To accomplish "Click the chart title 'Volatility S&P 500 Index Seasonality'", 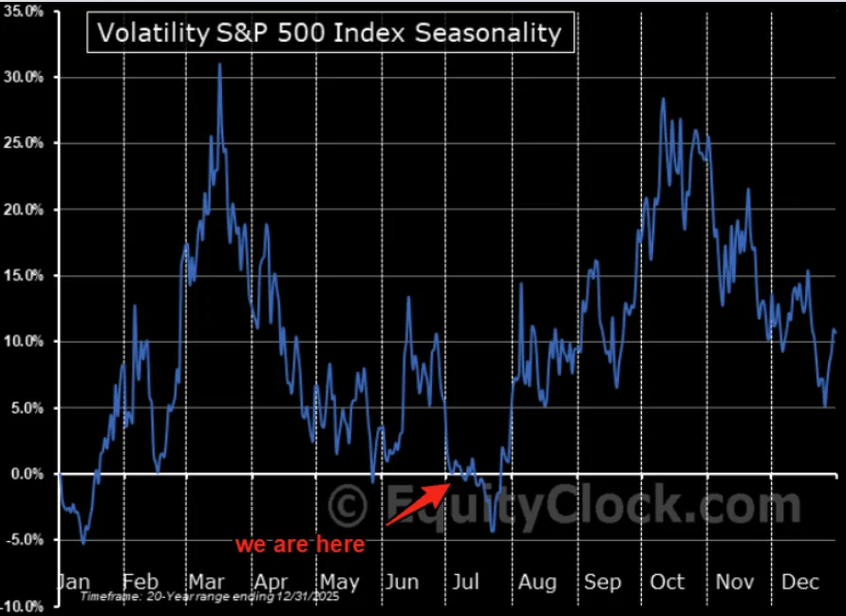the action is pyautogui.click(x=329, y=33).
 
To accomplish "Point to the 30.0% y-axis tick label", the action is pyautogui.click(x=24, y=77).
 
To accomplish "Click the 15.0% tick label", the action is pyautogui.click(x=24, y=275).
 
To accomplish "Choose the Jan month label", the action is pyautogui.click(x=73, y=582).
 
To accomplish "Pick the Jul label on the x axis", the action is pyautogui.click(x=465, y=582).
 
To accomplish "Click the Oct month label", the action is pyautogui.click(x=667, y=582).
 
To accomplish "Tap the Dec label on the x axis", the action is pyautogui.click(x=800, y=582).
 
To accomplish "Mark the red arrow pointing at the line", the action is pyautogui.click(x=418, y=504).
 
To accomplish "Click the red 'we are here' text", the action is pyautogui.click(x=300, y=544).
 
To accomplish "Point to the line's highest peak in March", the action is pyautogui.click(x=219, y=64).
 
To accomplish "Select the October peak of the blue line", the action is pyautogui.click(x=663, y=98).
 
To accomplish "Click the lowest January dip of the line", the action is pyautogui.click(x=84, y=543).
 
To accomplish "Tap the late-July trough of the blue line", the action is pyautogui.click(x=492, y=532).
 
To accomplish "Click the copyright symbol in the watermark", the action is pyautogui.click(x=348, y=505).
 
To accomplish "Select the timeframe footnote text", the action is pyautogui.click(x=210, y=597).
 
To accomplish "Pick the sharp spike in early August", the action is pyautogui.click(x=521, y=283).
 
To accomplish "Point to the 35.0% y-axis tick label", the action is pyautogui.click(x=24, y=11).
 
